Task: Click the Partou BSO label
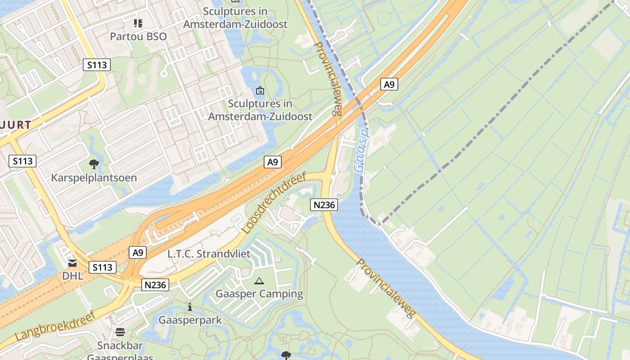[x=138, y=36]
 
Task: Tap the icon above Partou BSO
[x=138, y=23]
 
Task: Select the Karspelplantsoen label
[x=94, y=178]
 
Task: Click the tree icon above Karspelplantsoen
[x=94, y=164]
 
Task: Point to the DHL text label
[x=73, y=276]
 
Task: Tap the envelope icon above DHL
[x=72, y=263]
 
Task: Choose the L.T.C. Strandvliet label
[x=209, y=254]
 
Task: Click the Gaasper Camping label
[x=260, y=294]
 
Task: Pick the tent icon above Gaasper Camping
[x=259, y=281]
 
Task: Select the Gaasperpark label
[x=190, y=320]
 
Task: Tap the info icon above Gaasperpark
[x=190, y=307]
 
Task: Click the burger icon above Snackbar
[x=120, y=332]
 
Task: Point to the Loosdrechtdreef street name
[x=274, y=203]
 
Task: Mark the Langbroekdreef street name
[x=56, y=326]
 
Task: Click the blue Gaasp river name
[x=361, y=151]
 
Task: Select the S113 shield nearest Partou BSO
[x=97, y=65]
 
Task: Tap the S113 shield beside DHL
[x=102, y=267]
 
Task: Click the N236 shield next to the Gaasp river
[x=324, y=205]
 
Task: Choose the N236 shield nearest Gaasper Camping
[x=156, y=284]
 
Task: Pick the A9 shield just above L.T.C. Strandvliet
[x=138, y=252]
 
